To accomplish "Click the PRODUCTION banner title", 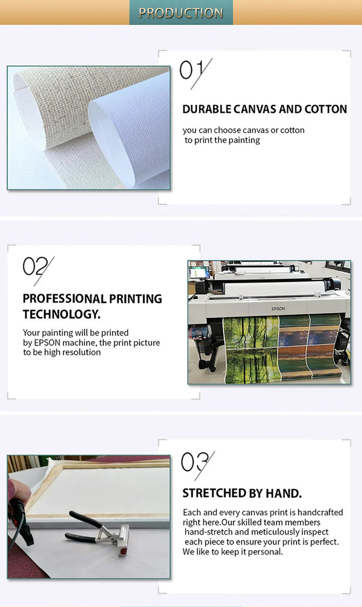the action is [181, 13].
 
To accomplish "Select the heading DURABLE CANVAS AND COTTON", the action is [264, 109].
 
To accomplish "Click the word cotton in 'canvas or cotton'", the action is [293, 130].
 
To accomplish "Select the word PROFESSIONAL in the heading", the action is [64, 299].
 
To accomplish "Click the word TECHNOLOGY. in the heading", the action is [61, 314].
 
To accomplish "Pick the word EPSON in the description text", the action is [47, 343].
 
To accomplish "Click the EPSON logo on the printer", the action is [278, 309].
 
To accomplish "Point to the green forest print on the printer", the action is [252, 348].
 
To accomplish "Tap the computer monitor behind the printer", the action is [199, 273].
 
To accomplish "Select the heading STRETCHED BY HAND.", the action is [242, 493].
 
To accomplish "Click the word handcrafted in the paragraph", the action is [320, 512].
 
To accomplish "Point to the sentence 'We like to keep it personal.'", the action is [233, 552].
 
